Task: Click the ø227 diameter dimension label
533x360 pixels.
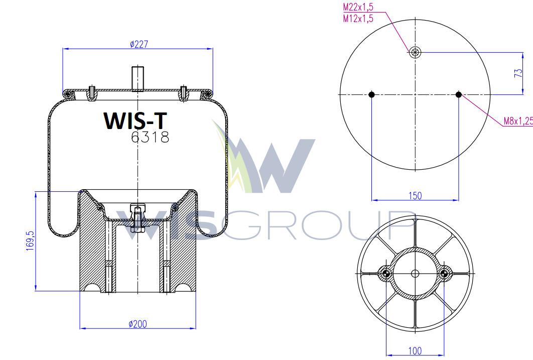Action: pos(139,44)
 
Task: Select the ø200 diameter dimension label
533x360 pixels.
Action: pos(138,324)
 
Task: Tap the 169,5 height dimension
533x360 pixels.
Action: pos(30,241)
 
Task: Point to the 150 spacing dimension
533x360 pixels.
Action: pos(415,196)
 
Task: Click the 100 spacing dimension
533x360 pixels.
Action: pos(415,350)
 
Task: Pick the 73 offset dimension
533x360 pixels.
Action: pos(518,73)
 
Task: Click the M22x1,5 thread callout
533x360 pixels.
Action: pos(358,7)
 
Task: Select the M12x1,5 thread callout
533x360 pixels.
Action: pos(358,19)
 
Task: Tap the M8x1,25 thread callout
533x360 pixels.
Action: pos(518,121)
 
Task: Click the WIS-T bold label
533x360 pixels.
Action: pos(136,121)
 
